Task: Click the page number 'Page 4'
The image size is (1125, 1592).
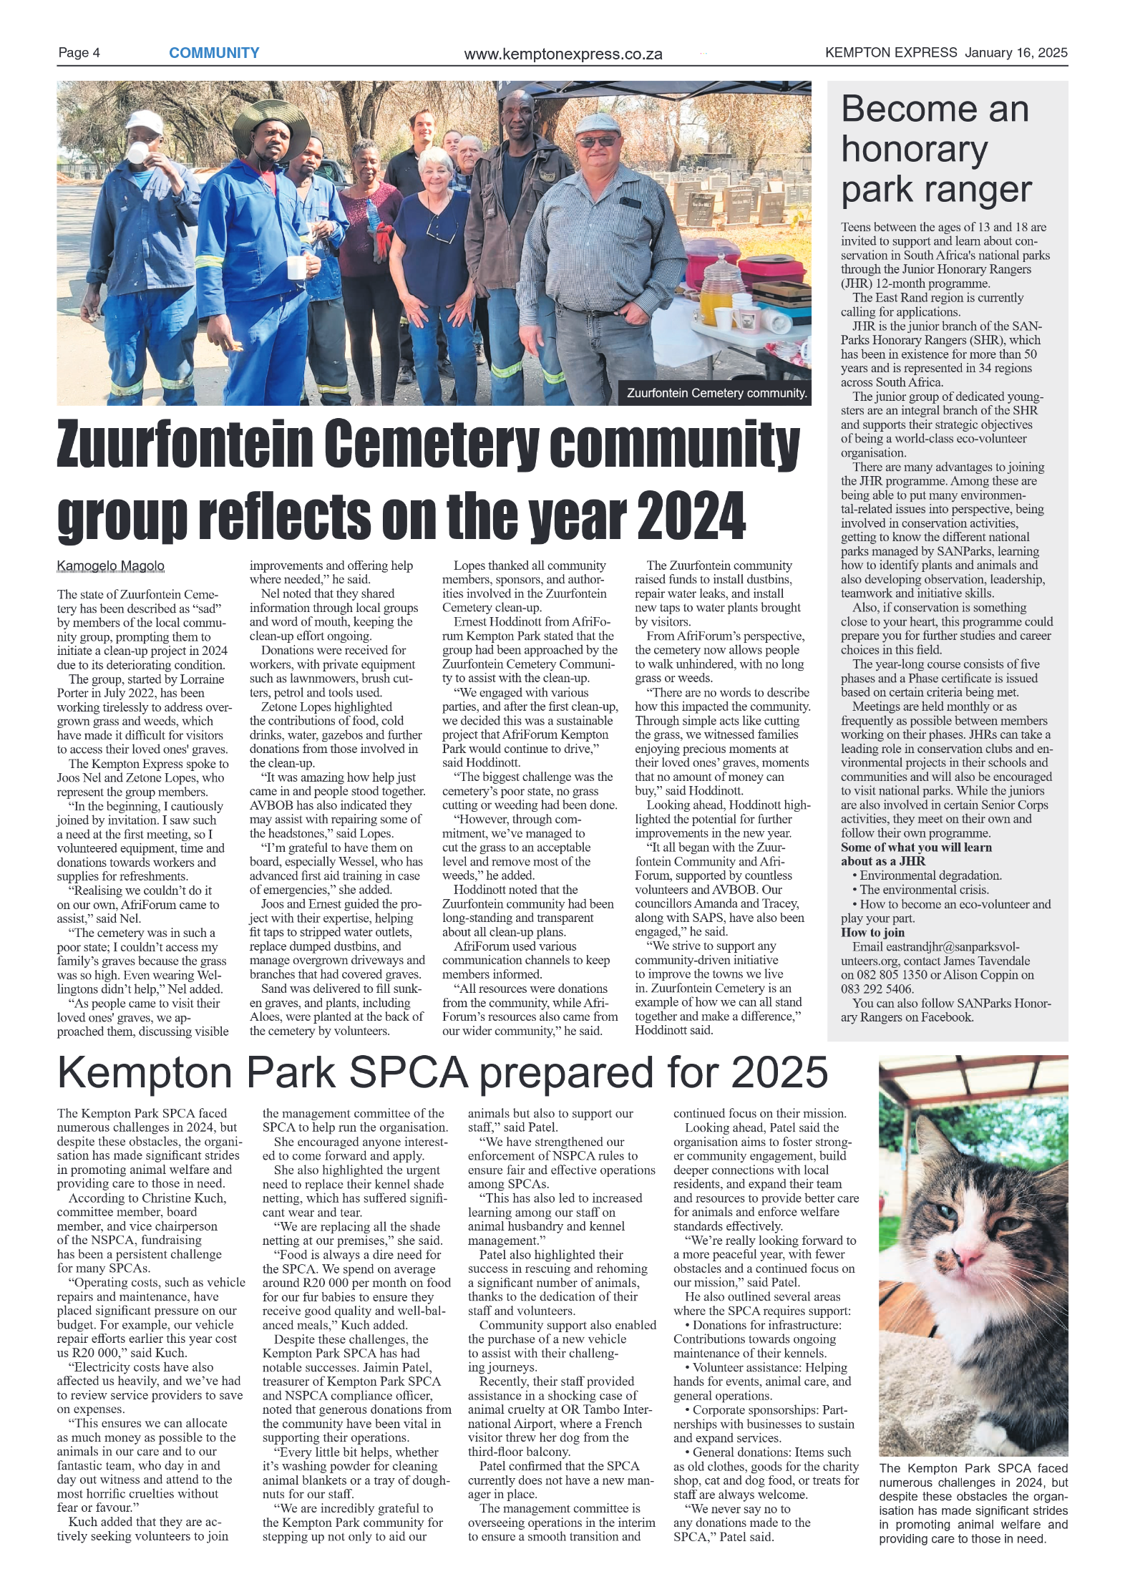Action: tap(79, 53)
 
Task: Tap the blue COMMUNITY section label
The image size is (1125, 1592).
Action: tap(214, 53)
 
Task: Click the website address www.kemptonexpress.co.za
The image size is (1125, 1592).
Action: tap(562, 54)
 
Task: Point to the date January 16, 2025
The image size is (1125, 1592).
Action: tap(1016, 52)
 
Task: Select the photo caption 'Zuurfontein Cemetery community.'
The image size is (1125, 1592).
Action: tap(716, 393)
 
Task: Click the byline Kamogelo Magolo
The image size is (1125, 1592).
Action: tap(111, 566)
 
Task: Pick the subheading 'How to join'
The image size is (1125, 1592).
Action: tap(872, 932)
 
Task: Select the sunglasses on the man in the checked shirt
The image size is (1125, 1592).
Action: tap(597, 141)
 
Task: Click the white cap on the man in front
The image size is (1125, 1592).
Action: tap(145, 120)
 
